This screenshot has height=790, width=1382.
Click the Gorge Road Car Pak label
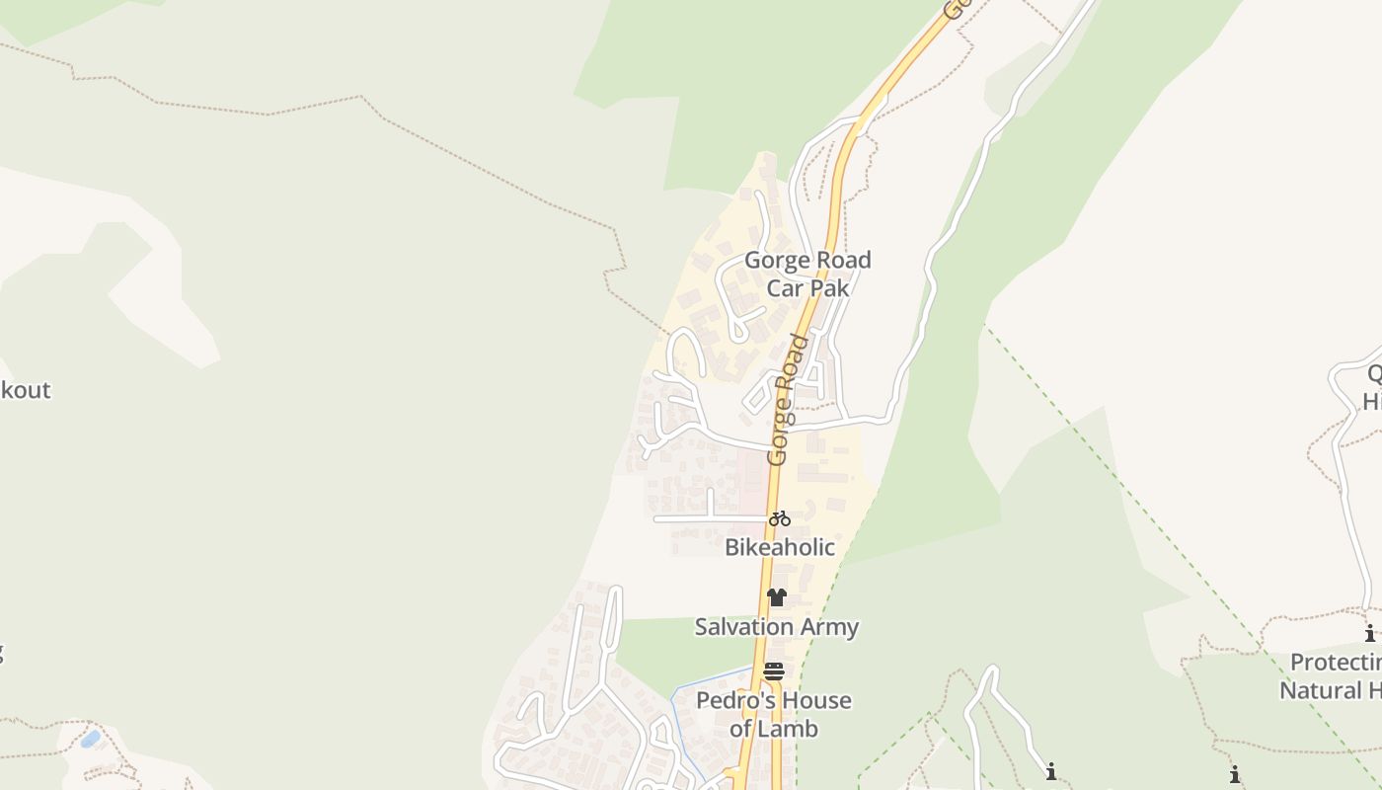[807, 274]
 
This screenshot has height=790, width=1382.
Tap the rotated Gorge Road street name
[787, 400]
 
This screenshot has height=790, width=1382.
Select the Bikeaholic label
[780, 547]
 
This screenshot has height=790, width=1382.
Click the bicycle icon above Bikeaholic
[780, 518]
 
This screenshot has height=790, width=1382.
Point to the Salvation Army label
[777, 627]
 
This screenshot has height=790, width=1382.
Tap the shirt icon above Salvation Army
[777, 597]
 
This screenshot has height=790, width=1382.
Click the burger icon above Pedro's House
[774, 672]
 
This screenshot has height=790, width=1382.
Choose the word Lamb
[788, 729]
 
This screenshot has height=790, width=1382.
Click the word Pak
[829, 288]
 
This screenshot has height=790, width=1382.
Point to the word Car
[786, 288]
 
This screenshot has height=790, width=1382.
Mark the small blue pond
[90, 739]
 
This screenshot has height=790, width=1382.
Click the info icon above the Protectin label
[1370, 634]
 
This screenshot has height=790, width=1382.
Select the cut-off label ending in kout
[25, 390]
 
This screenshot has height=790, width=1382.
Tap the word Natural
[1323, 689]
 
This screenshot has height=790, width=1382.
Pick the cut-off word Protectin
[1335, 662]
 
